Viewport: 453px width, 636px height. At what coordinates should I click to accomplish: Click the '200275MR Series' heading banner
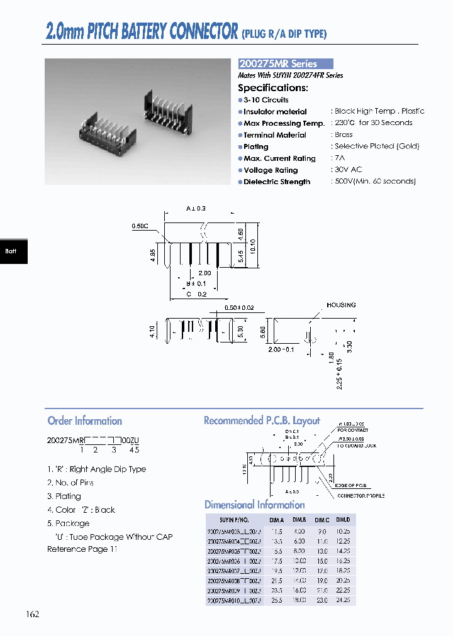pyautogui.click(x=285, y=63)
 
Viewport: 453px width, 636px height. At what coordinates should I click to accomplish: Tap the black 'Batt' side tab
pyautogui.click(x=11, y=251)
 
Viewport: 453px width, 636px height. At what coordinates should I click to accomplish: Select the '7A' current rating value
pyautogui.click(x=340, y=158)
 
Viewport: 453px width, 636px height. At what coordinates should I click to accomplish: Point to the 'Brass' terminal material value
pyautogui.click(x=344, y=134)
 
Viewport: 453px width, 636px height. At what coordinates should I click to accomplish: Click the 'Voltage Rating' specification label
pyautogui.click(x=271, y=170)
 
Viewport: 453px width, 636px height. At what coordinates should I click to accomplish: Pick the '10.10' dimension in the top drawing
pyautogui.click(x=253, y=244)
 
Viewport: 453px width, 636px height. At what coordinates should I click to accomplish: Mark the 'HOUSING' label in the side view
pyautogui.click(x=340, y=305)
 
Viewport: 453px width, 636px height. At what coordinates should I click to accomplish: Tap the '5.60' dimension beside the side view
pyautogui.click(x=263, y=331)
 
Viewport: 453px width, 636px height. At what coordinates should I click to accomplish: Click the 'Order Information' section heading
pyautogui.click(x=84, y=421)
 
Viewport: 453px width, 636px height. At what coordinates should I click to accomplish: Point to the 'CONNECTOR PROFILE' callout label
pyautogui.click(x=361, y=496)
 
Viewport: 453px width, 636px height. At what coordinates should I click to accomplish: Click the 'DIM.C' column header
pyautogui.click(x=322, y=520)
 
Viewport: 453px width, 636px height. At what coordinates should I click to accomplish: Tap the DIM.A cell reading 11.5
pyautogui.click(x=277, y=531)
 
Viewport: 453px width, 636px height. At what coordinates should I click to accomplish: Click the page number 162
pyautogui.click(x=33, y=614)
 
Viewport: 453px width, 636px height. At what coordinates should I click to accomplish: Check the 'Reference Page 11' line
pyautogui.click(x=82, y=549)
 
